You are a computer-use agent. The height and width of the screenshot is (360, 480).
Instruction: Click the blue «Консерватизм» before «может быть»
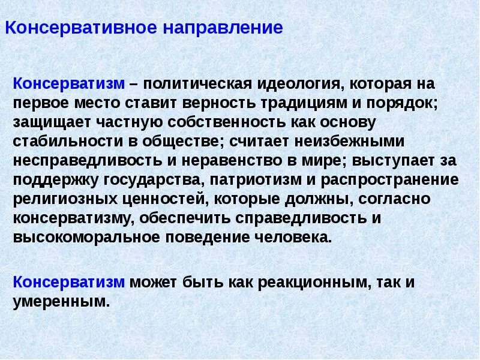point(69,282)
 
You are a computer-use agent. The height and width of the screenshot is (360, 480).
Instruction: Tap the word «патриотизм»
point(262,180)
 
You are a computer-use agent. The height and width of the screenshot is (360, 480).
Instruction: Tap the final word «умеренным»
point(62,301)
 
